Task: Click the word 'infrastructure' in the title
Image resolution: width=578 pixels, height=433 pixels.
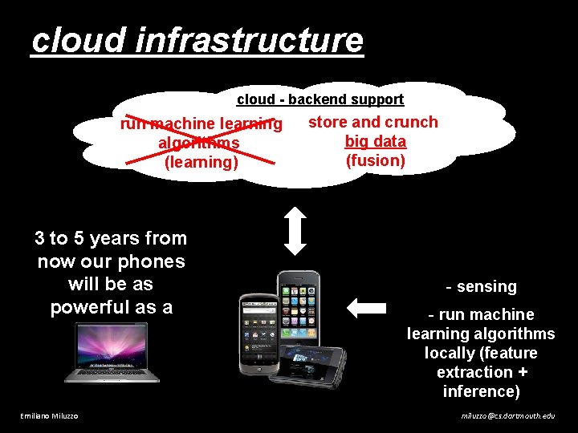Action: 250,40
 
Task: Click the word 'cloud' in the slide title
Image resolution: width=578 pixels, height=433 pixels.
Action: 79,40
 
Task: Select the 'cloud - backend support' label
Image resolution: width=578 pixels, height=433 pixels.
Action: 320,99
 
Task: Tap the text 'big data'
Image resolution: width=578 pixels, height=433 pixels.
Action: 376,141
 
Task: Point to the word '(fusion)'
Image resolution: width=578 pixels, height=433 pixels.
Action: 376,160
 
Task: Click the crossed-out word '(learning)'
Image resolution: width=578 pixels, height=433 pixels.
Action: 201,162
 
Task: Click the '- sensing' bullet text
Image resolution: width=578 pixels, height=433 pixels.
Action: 482,286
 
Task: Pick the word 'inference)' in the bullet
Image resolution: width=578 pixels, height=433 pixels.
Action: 482,391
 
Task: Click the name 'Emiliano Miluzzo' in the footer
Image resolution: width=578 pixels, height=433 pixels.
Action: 50,415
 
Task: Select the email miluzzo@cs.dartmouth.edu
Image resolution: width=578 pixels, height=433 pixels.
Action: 507,415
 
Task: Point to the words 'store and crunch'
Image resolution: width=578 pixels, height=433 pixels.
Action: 373,122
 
